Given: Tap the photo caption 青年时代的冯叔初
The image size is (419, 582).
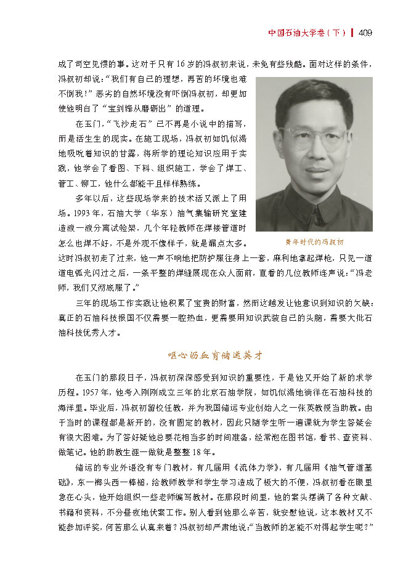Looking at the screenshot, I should (314, 242).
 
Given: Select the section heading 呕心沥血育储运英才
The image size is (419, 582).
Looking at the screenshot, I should (215, 355).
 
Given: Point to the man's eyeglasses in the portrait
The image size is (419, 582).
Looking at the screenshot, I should (314, 137).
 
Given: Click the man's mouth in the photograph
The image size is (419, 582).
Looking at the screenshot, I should (316, 170).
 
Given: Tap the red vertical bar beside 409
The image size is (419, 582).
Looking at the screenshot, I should (352, 33).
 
